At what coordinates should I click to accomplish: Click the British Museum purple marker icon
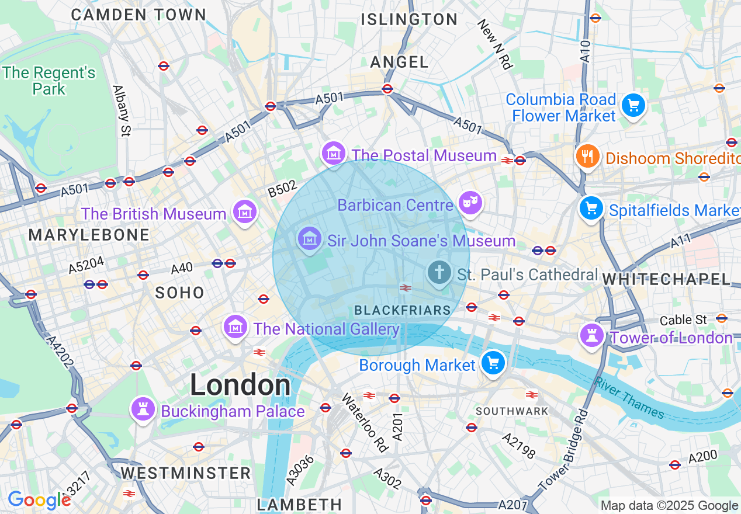click(x=245, y=211)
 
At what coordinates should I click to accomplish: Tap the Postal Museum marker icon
click(x=334, y=153)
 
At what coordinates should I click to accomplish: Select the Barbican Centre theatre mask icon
click(x=470, y=203)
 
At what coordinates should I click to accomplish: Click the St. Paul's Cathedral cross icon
click(x=439, y=272)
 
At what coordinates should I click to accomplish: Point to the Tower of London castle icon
click(x=592, y=335)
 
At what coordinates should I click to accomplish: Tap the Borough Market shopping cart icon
click(x=493, y=363)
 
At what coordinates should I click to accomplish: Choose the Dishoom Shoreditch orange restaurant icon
click(x=587, y=156)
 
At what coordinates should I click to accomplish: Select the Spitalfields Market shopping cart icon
click(x=591, y=207)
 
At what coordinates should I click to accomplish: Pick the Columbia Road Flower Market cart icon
click(x=633, y=106)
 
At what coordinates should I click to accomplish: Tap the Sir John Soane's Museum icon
click(x=309, y=238)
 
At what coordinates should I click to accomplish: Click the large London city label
click(x=240, y=385)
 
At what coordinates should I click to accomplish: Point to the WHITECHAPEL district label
click(x=666, y=280)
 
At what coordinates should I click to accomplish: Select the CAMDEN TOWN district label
click(x=138, y=15)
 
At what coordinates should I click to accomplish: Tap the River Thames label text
click(x=629, y=398)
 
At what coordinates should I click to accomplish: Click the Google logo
click(x=39, y=500)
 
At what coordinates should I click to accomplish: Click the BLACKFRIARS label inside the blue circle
click(x=403, y=310)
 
